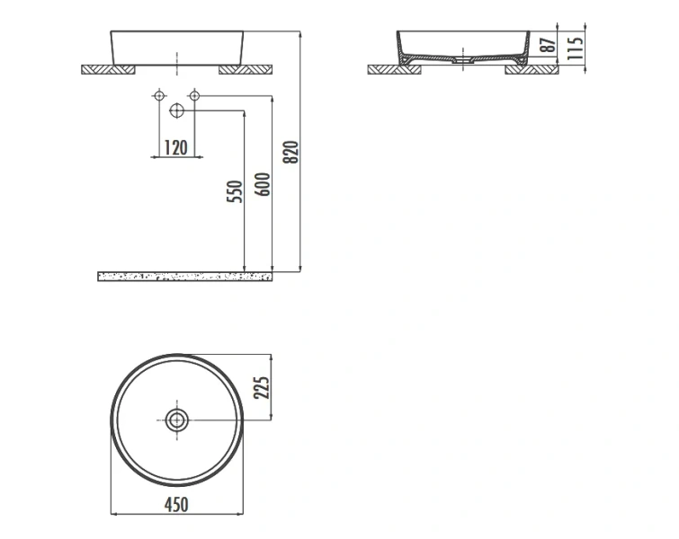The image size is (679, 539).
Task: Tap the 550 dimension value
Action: tap(234, 193)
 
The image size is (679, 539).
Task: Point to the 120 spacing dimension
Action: tap(176, 147)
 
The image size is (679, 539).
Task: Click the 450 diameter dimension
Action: tap(176, 505)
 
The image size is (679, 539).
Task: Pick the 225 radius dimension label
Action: tap(262, 387)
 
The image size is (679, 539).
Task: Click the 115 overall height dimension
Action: tap(576, 46)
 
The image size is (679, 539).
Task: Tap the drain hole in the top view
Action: tap(176, 419)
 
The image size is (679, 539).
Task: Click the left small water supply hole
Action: tap(159, 95)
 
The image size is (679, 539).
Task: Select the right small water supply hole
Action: tap(193, 95)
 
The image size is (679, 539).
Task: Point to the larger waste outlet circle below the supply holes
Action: tap(176, 110)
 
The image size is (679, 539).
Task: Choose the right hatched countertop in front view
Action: tap(245, 69)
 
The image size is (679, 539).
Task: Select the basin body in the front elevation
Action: tap(176, 47)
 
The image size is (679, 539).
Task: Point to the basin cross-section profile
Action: tap(460, 45)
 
